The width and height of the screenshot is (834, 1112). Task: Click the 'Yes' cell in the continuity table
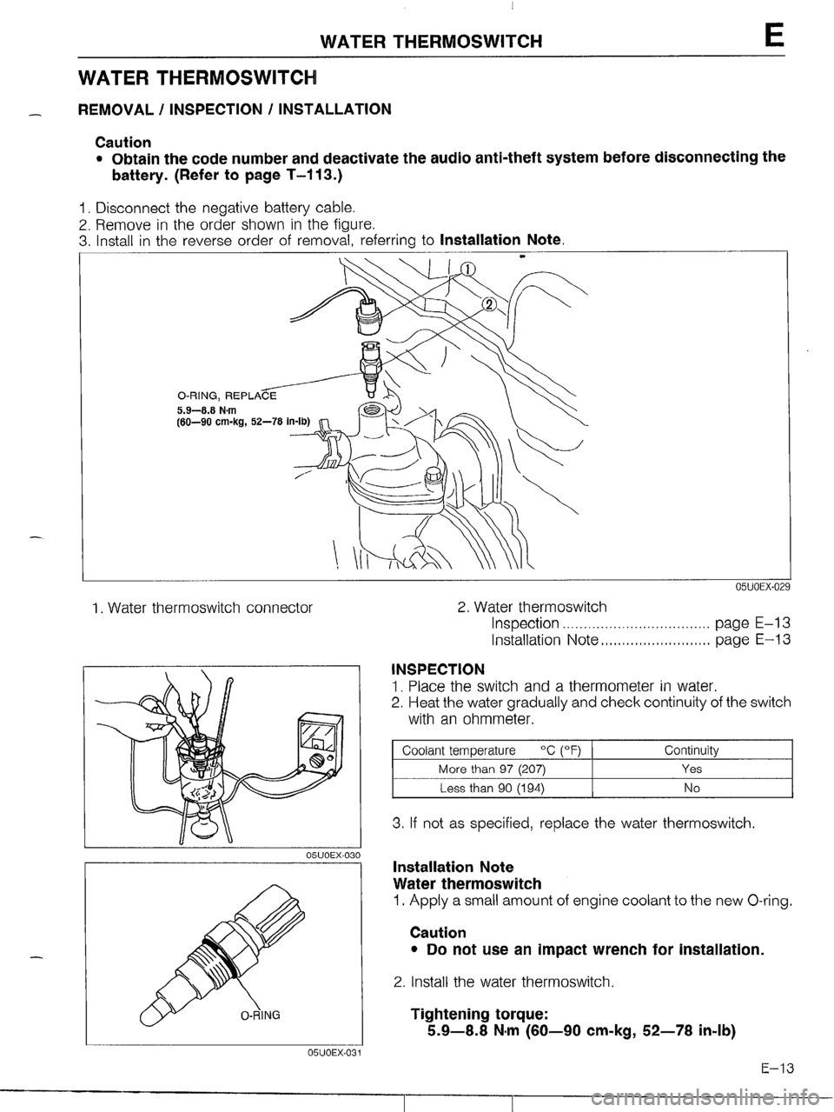[692, 769]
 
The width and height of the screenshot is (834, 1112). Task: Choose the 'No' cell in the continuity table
[692, 788]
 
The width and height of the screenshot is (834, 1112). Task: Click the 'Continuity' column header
[692, 749]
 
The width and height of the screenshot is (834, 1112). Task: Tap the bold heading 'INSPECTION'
[438, 669]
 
